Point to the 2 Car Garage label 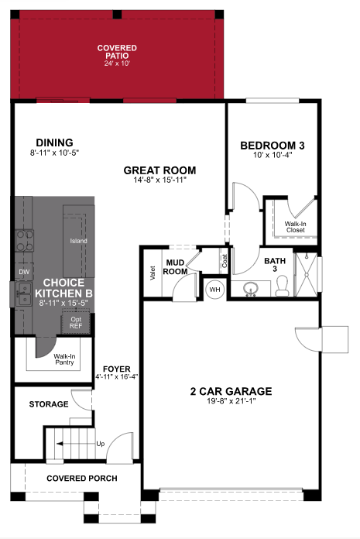231,390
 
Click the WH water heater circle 214,290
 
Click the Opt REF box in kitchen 76,322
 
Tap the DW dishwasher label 23,272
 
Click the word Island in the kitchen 78,241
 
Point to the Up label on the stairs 100,444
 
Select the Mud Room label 175,267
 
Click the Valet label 152,273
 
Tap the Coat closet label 224,263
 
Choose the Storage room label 49,404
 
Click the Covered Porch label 82,479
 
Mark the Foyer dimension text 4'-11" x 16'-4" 116,377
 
